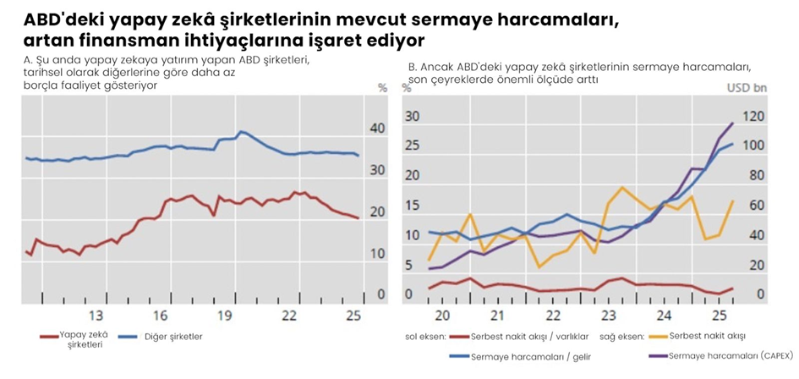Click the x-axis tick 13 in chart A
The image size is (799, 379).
click(96, 316)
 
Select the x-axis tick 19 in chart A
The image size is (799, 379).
click(224, 316)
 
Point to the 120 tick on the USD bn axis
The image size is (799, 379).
click(755, 117)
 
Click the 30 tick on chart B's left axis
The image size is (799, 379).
click(413, 117)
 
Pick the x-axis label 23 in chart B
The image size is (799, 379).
click(607, 316)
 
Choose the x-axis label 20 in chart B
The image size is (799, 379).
click(440, 316)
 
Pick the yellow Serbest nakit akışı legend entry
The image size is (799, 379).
click(702, 337)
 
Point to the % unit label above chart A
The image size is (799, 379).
click(382, 87)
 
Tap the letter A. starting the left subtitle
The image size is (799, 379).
click(28, 61)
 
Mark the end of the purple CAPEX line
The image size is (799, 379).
click(732, 124)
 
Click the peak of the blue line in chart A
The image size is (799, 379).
click(241, 131)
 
